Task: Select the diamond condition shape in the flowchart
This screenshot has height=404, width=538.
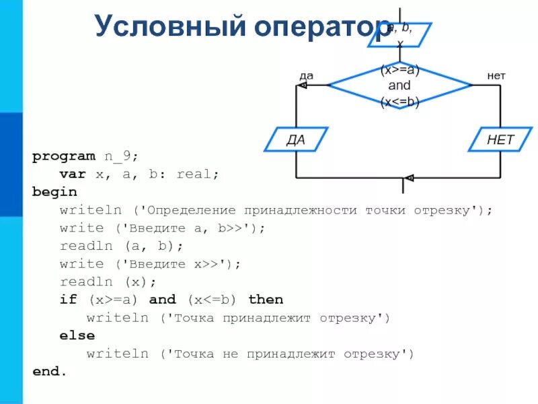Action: (399, 86)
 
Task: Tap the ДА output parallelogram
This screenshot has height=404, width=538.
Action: (297, 139)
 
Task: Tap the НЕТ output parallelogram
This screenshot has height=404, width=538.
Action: (500, 139)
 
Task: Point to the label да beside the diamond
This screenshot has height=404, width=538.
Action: (306, 76)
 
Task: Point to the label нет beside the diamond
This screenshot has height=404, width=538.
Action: (497, 76)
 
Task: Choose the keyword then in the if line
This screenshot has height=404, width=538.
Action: (266, 300)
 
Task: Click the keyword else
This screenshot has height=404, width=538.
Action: (77, 335)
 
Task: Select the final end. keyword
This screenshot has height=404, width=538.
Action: (50, 371)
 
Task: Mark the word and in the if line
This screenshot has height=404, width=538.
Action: (162, 300)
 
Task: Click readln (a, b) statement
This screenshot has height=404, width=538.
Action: (121, 246)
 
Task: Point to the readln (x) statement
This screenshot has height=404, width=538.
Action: (108, 281)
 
